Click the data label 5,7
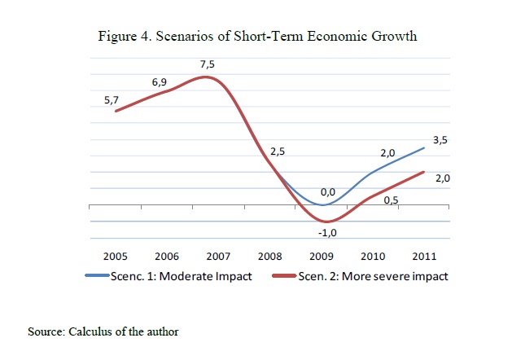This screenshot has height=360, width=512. point(111,99)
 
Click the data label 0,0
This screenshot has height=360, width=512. point(328,192)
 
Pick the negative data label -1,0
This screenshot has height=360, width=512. point(328,233)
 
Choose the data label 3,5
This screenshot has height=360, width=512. point(440,140)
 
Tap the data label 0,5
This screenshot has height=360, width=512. point(390,201)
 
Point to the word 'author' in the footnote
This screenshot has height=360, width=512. point(161,331)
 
